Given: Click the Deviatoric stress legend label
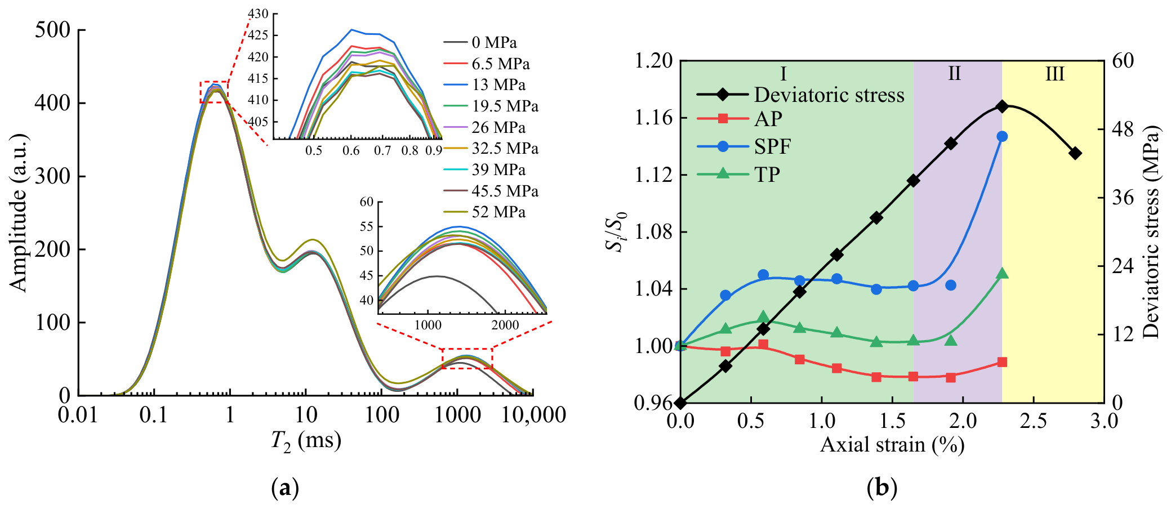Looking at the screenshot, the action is click(x=829, y=95).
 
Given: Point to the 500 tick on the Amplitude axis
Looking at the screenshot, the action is click(x=53, y=30).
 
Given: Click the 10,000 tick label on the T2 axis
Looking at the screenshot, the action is click(x=533, y=415).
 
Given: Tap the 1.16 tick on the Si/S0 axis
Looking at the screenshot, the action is click(x=654, y=118).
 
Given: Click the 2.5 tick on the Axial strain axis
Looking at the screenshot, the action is click(x=1034, y=421).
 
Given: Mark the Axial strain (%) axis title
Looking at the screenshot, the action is click(x=892, y=445).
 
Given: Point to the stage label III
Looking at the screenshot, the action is click(x=1055, y=74).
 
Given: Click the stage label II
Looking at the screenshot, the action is click(x=954, y=74).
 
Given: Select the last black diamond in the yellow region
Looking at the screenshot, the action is click(x=1075, y=153).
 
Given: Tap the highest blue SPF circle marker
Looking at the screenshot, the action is click(x=1002, y=136).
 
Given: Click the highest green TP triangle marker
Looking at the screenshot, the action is click(x=1002, y=274).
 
